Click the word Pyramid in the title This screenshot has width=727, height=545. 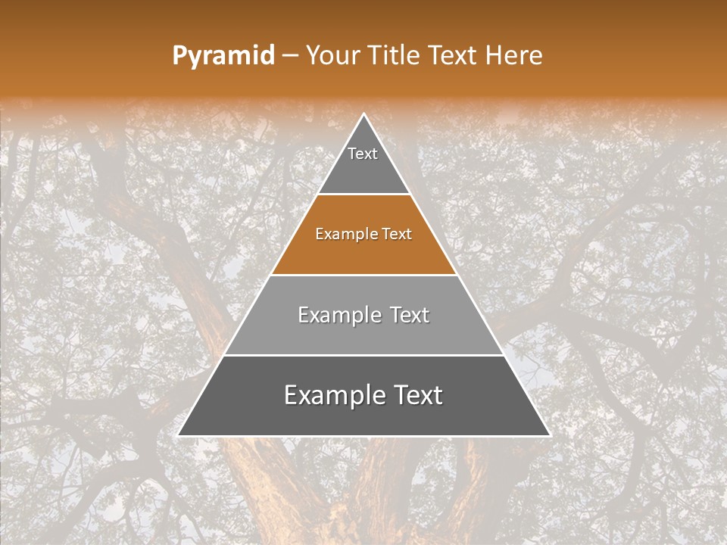223,56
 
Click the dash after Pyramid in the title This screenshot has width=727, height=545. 290,56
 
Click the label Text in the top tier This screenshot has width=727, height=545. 363,154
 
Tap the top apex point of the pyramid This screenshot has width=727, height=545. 364,114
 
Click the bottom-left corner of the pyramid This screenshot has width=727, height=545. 178,435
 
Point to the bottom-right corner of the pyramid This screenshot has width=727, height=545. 550,435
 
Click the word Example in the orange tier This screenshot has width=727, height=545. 340,235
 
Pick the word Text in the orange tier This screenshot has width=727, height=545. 397,235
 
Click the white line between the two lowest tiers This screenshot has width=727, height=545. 363,355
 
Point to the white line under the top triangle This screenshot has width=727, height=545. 363,195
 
